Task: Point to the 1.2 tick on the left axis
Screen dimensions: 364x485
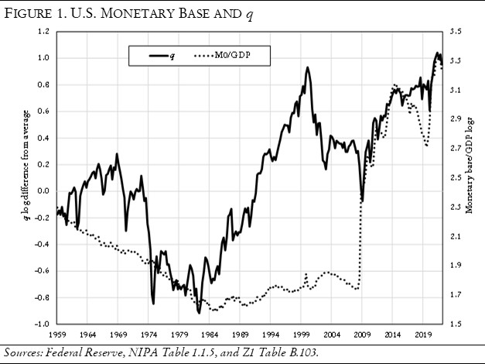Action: (x=43, y=31)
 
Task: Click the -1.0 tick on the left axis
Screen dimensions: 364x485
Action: (x=42, y=324)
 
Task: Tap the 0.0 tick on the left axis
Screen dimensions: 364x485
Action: (x=43, y=191)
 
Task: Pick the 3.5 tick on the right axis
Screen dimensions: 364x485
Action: (x=455, y=31)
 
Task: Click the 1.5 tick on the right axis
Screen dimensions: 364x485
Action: (x=455, y=324)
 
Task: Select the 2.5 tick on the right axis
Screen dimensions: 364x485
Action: (x=455, y=177)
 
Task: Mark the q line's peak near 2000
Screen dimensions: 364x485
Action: (x=308, y=67)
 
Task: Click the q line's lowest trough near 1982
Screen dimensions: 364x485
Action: (x=200, y=313)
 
